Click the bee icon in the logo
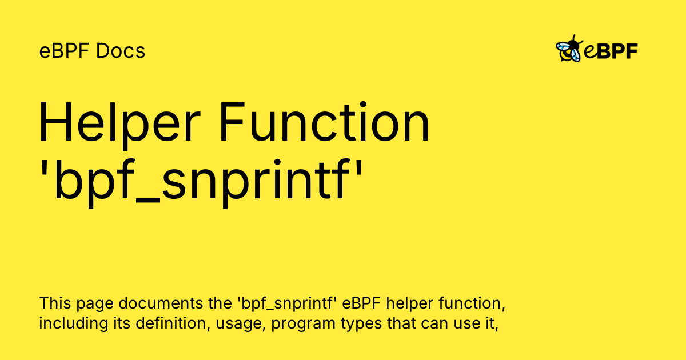pos(569,49)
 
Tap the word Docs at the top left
pos(121,51)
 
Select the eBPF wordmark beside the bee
pos(611,51)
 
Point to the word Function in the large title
pos(325,122)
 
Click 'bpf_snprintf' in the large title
pos(201,181)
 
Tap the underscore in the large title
pos(148,201)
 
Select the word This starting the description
pos(55,303)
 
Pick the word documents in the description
pos(161,303)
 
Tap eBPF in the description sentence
pos(361,303)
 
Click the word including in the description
pos(74,324)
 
